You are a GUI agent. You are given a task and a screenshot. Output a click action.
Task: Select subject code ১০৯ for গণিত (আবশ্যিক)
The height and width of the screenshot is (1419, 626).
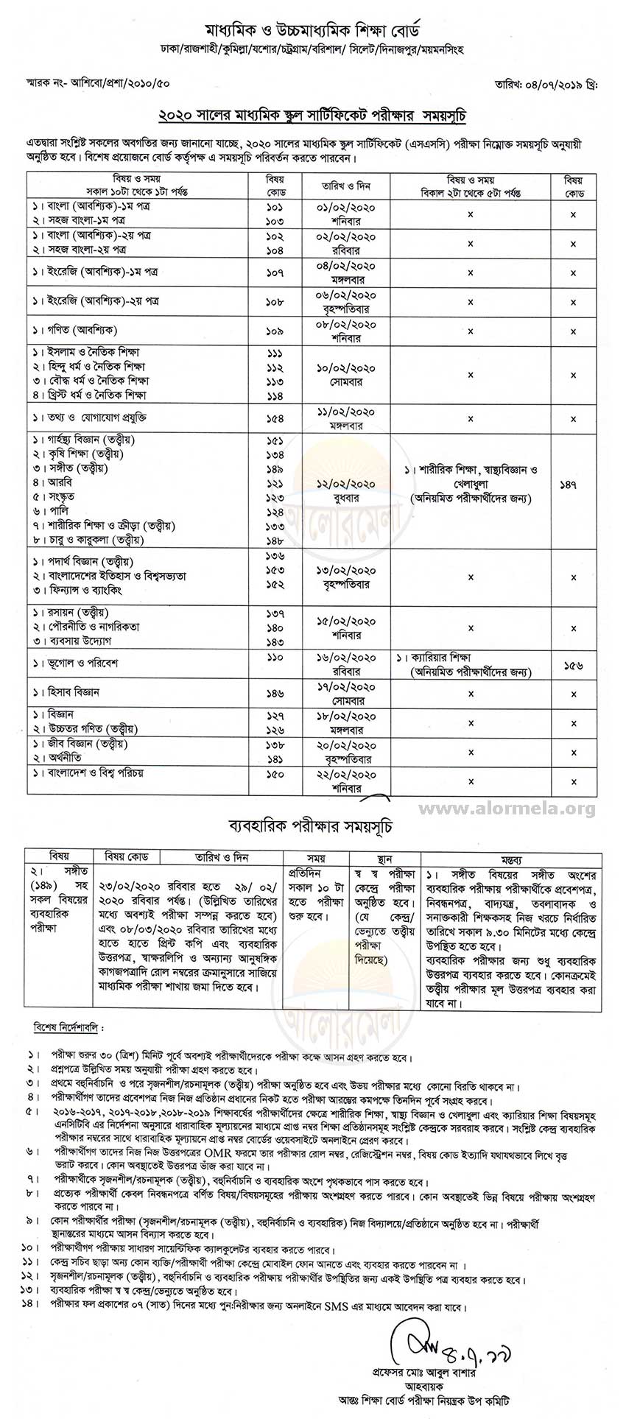tap(275, 331)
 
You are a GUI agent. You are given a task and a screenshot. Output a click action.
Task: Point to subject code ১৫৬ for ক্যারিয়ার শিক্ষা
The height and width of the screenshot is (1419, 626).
tap(572, 665)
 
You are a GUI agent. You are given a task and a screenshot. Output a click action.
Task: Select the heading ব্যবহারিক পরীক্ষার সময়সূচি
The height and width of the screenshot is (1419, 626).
tap(312, 827)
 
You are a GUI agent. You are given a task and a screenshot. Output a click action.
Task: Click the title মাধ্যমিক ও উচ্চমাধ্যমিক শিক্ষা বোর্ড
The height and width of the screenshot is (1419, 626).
tap(312, 32)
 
